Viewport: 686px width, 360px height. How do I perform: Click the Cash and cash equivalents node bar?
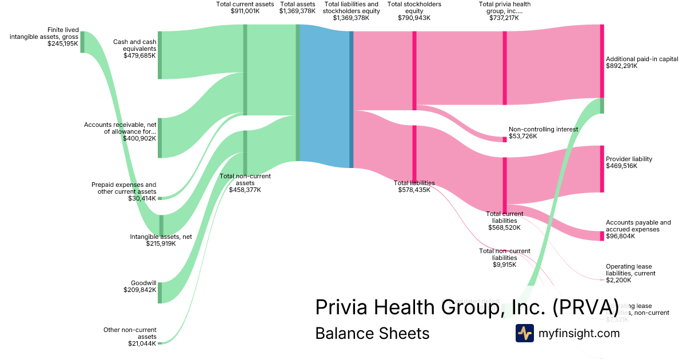160,55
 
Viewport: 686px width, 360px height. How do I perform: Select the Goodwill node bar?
160,292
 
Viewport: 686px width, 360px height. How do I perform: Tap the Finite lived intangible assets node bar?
82,42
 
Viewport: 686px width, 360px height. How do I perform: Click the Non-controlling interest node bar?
504,139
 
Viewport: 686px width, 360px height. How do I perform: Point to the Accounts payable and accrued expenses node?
601,236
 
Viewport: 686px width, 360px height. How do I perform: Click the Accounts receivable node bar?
160,138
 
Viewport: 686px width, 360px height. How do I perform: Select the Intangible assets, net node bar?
161,225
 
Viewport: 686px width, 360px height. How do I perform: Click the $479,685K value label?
139,56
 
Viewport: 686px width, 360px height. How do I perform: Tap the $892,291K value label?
621,66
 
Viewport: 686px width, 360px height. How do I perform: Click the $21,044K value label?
142,343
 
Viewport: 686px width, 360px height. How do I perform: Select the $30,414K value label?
142,198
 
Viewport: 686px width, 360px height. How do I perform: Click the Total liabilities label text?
414,183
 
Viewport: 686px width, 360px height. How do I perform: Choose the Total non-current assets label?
245,179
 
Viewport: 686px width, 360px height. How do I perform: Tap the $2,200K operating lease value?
619,280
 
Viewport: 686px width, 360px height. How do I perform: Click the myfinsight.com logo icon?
524,333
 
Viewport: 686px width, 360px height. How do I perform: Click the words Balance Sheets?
372,333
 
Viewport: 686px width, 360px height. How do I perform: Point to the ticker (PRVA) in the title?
585,307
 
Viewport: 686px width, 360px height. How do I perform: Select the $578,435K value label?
414,190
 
